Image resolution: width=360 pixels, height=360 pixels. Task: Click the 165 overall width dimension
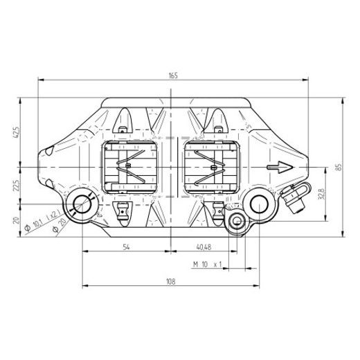(x=172, y=75)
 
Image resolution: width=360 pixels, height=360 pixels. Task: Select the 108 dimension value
(x=171, y=281)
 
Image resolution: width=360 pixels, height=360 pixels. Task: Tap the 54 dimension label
(x=126, y=246)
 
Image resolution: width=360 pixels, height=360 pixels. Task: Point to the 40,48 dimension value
(x=204, y=246)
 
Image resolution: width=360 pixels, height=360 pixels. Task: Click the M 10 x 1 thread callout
(x=206, y=264)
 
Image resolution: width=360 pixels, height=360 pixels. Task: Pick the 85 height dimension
(x=339, y=168)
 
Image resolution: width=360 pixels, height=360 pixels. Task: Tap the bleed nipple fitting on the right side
(x=294, y=200)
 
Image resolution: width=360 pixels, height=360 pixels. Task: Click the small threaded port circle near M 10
(x=237, y=221)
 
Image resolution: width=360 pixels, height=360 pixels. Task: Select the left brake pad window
(x=132, y=168)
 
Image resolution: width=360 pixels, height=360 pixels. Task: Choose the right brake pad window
(x=209, y=168)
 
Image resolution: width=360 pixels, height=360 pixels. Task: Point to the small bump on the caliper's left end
(x=49, y=150)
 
